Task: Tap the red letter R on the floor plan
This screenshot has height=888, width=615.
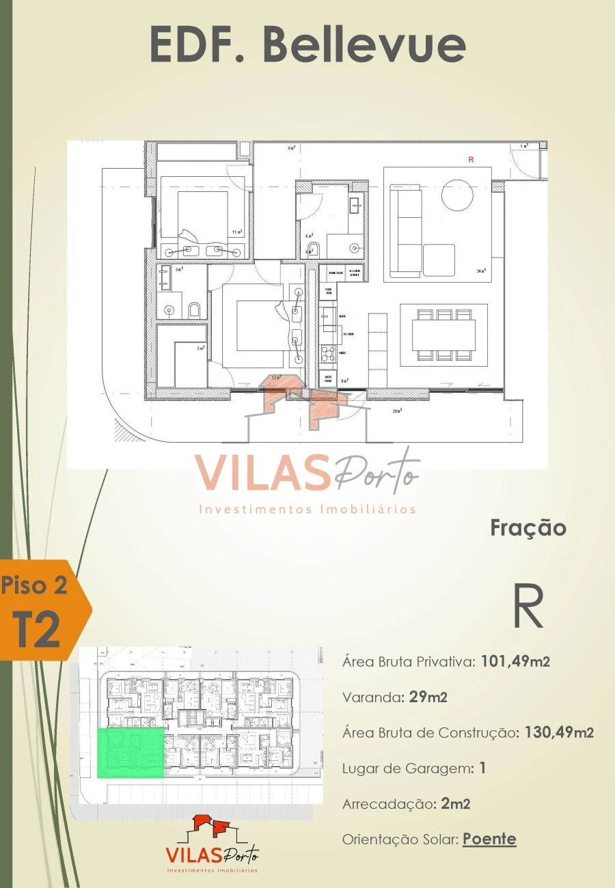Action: click(470, 159)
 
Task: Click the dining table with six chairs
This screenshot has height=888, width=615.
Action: click(443, 335)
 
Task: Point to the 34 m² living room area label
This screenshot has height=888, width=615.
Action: click(481, 271)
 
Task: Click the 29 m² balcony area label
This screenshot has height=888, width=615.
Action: click(396, 411)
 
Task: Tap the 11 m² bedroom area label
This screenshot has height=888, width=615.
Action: click(237, 232)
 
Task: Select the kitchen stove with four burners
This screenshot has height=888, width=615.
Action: click(327, 354)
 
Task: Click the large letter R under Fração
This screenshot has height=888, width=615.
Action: click(528, 607)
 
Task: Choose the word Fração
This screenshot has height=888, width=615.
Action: click(528, 528)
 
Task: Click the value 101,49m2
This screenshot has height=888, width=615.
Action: click(515, 661)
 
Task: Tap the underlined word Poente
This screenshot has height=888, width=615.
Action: click(489, 839)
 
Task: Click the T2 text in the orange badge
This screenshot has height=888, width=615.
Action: click(38, 630)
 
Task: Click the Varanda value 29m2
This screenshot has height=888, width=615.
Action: click(428, 697)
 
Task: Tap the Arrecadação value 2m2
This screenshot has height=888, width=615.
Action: click(455, 803)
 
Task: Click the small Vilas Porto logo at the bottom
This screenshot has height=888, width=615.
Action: click(212, 844)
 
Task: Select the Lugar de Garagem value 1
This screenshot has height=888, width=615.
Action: click(482, 768)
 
